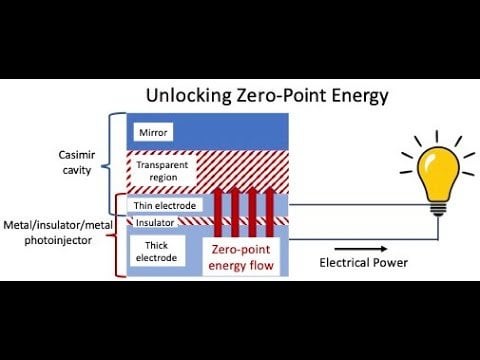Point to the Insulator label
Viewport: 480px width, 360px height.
pos(155,222)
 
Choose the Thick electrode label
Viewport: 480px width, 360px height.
pos(157,250)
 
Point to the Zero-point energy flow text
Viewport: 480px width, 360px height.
pos(244,257)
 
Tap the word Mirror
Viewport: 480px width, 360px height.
pos(150,131)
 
